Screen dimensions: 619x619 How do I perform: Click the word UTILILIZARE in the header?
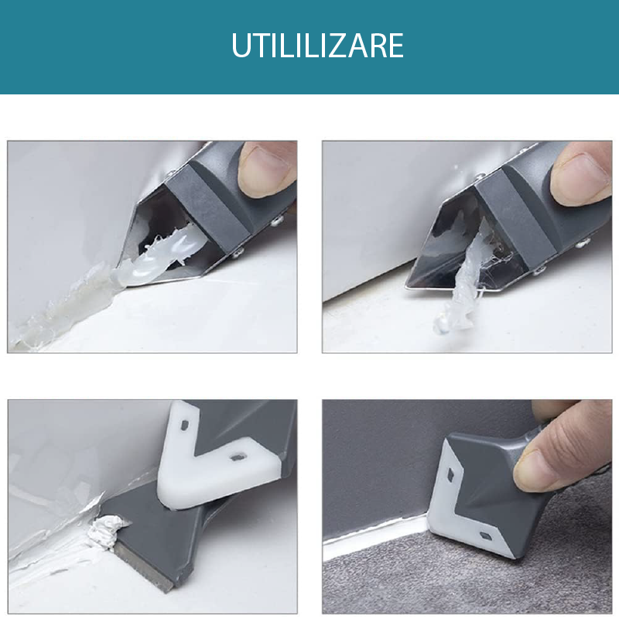tap(317, 46)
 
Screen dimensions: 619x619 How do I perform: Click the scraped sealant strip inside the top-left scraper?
tap(158, 257)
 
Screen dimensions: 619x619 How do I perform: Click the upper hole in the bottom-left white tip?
tap(184, 426)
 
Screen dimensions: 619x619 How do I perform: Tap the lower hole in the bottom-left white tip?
tap(238, 457)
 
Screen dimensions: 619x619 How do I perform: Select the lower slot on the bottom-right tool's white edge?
tap(485, 536)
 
